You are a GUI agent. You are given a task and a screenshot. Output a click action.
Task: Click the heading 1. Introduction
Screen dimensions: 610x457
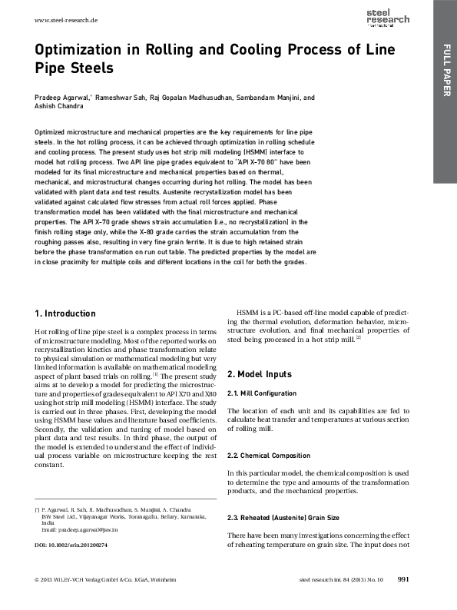pos(66,313)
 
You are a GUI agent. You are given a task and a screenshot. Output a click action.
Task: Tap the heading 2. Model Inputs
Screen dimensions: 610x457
pos(260,374)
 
